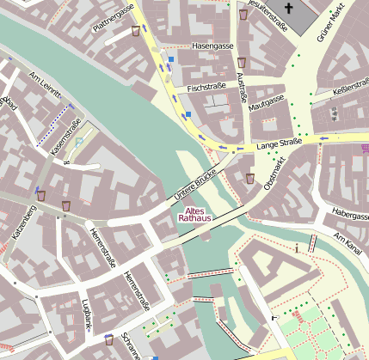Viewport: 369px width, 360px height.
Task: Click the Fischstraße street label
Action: click(206, 87)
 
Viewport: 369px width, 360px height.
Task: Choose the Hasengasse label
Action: click(213, 45)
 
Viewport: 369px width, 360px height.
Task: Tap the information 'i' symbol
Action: click(296, 248)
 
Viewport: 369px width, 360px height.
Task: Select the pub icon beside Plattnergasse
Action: click(136, 31)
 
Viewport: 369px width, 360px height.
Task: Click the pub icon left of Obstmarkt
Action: click(250, 179)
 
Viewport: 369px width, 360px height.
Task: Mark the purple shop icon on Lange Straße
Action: click(355, 149)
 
